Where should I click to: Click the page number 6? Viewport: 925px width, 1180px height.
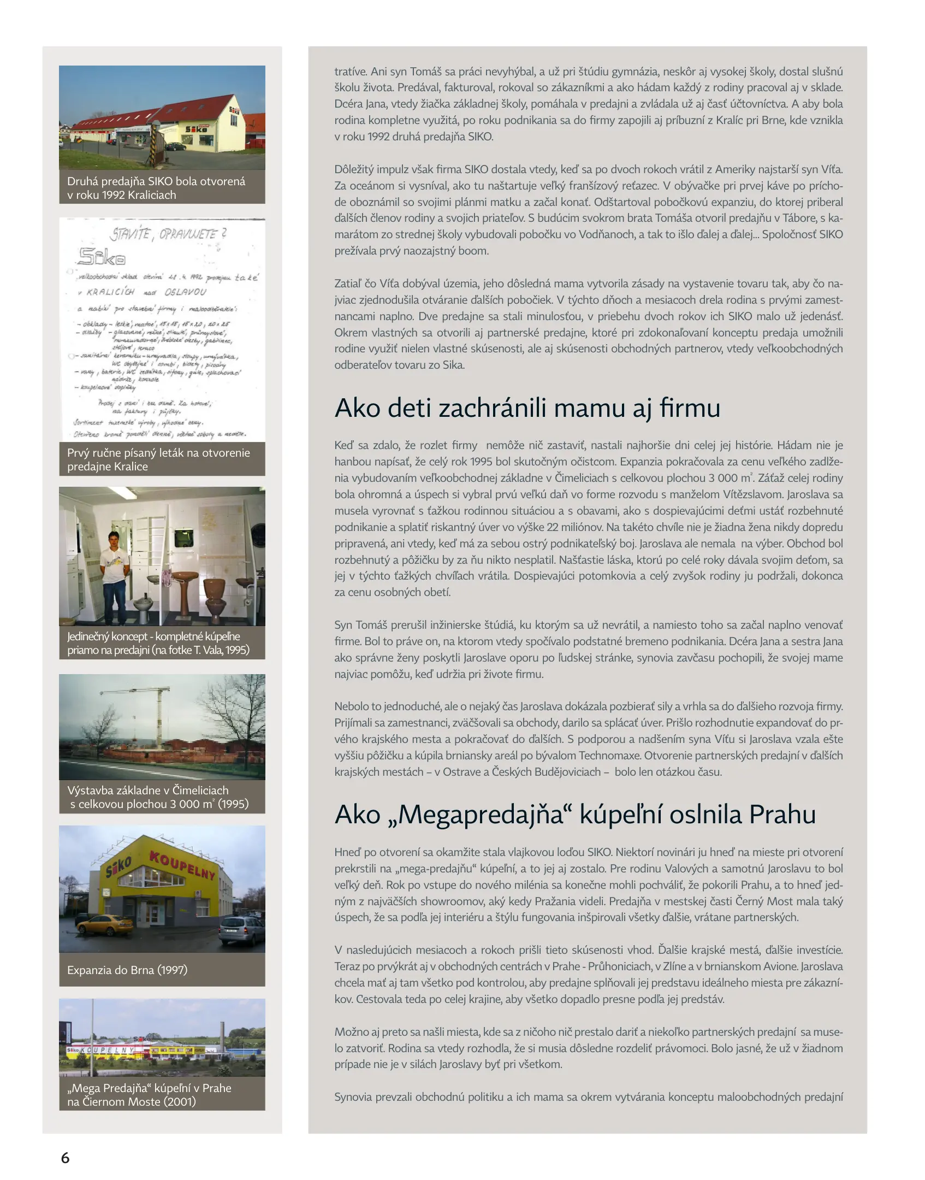point(65,1157)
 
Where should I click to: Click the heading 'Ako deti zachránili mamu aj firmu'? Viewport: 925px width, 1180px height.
point(527,408)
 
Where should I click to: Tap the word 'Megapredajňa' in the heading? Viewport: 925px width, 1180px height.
point(481,815)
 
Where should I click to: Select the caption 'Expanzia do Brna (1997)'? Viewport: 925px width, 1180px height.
point(127,970)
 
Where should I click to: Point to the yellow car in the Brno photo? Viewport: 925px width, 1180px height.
point(105,924)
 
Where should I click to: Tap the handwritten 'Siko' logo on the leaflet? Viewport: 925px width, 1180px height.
point(102,256)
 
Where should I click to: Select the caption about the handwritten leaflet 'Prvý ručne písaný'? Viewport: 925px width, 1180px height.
point(158,459)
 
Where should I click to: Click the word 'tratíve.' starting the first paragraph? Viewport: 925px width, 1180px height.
point(351,72)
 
